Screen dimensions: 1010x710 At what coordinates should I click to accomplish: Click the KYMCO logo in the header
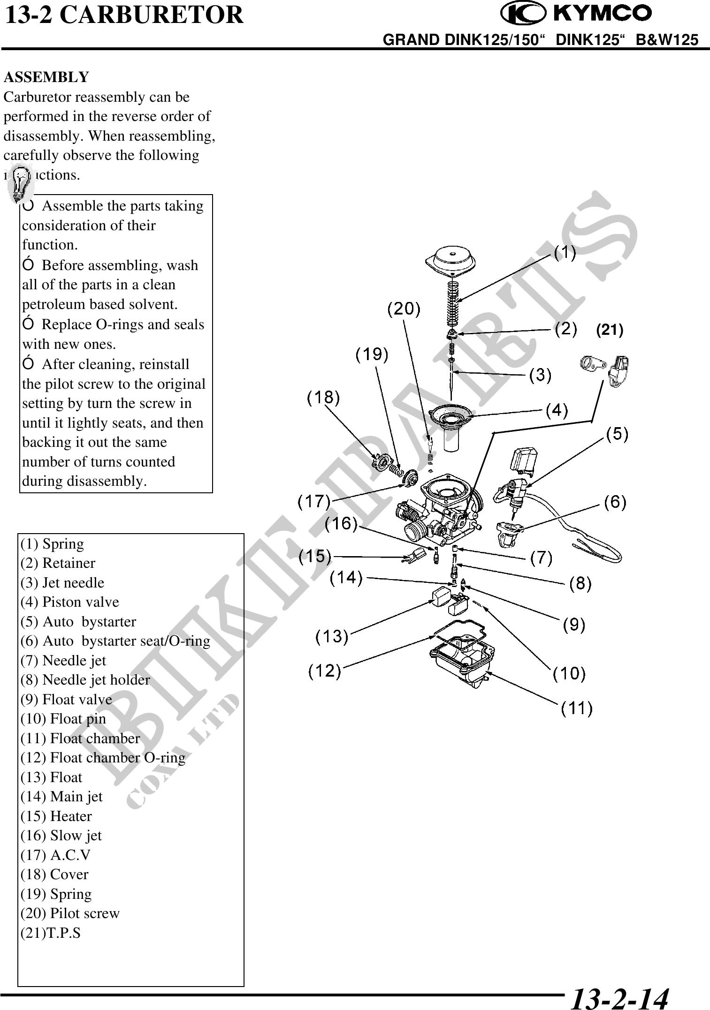pos(576,14)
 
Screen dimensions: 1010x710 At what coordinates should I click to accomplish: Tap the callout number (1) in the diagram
pos(565,253)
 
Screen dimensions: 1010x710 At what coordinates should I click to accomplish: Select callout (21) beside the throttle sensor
pos(609,331)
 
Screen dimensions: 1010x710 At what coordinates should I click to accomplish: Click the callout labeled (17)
pos(314,502)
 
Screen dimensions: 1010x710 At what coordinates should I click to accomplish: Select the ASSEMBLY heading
pos(46,77)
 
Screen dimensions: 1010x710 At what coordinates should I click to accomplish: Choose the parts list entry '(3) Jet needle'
pos(62,582)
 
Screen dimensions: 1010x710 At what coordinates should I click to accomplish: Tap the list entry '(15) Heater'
pos(56,816)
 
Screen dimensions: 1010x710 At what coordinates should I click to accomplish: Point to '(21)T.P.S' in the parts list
pos(51,933)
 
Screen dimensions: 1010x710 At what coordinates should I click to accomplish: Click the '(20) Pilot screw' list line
pos(70,913)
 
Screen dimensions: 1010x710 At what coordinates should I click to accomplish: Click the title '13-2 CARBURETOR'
pos(124,15)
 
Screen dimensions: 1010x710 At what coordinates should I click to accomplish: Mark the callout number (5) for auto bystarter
pos(618,435)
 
